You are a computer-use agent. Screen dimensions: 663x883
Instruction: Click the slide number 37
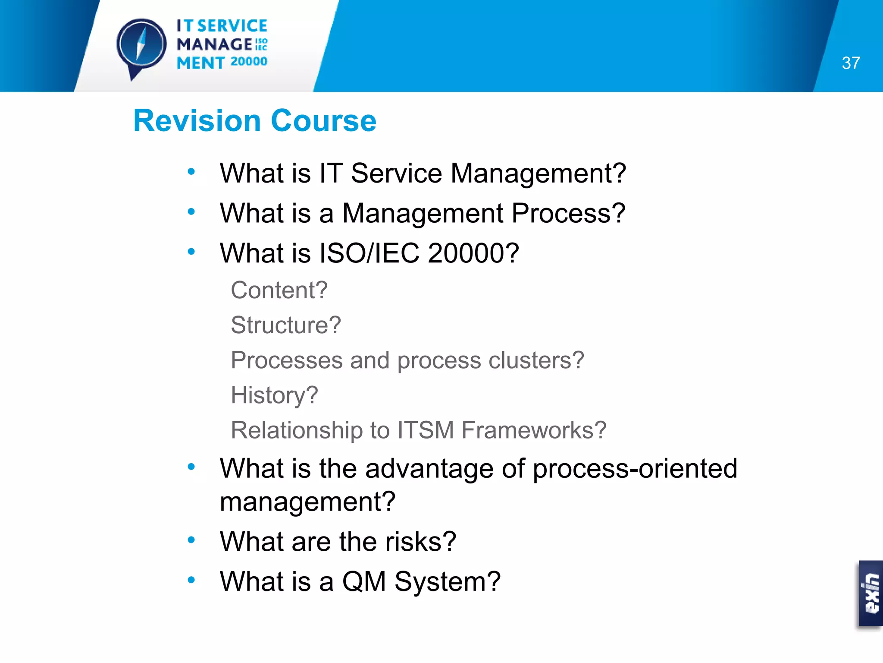[x=851, y=63]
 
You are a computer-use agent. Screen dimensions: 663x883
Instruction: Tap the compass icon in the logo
[x=141, y=45]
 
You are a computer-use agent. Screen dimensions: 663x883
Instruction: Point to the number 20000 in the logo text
[x=249, y=61]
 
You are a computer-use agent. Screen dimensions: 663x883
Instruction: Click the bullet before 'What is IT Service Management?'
[x=191, y=172]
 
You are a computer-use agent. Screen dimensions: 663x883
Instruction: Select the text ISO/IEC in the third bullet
[x=369, y=253]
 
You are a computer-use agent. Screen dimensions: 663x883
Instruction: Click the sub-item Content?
[x=279, y=290]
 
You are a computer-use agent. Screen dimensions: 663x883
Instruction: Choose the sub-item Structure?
[x=285, y=325]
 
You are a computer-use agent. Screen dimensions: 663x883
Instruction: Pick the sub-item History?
[x=274, y=395]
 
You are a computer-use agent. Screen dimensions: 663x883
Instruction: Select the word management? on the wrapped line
[x=307, y=502]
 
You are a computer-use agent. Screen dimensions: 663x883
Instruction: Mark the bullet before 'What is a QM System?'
[x=191, y=580]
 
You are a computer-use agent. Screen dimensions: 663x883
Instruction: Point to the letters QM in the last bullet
[x=363, y=581]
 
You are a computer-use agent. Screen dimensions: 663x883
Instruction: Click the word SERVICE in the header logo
[x=232, y=26]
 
